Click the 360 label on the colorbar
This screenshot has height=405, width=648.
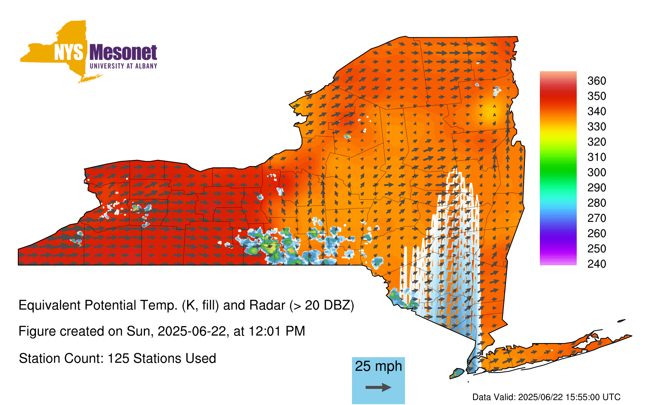(597, 81)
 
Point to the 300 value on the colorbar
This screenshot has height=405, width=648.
(597, 173)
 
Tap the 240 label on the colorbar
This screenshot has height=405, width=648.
(597, 264)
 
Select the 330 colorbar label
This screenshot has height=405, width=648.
(597, 126)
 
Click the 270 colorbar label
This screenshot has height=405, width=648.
(597, 218)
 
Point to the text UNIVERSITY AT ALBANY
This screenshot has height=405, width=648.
(124, 66)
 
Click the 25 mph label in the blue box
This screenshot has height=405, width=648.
(378, 367)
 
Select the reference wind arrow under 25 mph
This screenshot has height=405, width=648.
(378, 387)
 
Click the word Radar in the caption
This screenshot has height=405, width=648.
(267, 305)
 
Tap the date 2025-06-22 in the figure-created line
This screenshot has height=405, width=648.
(192, 331)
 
